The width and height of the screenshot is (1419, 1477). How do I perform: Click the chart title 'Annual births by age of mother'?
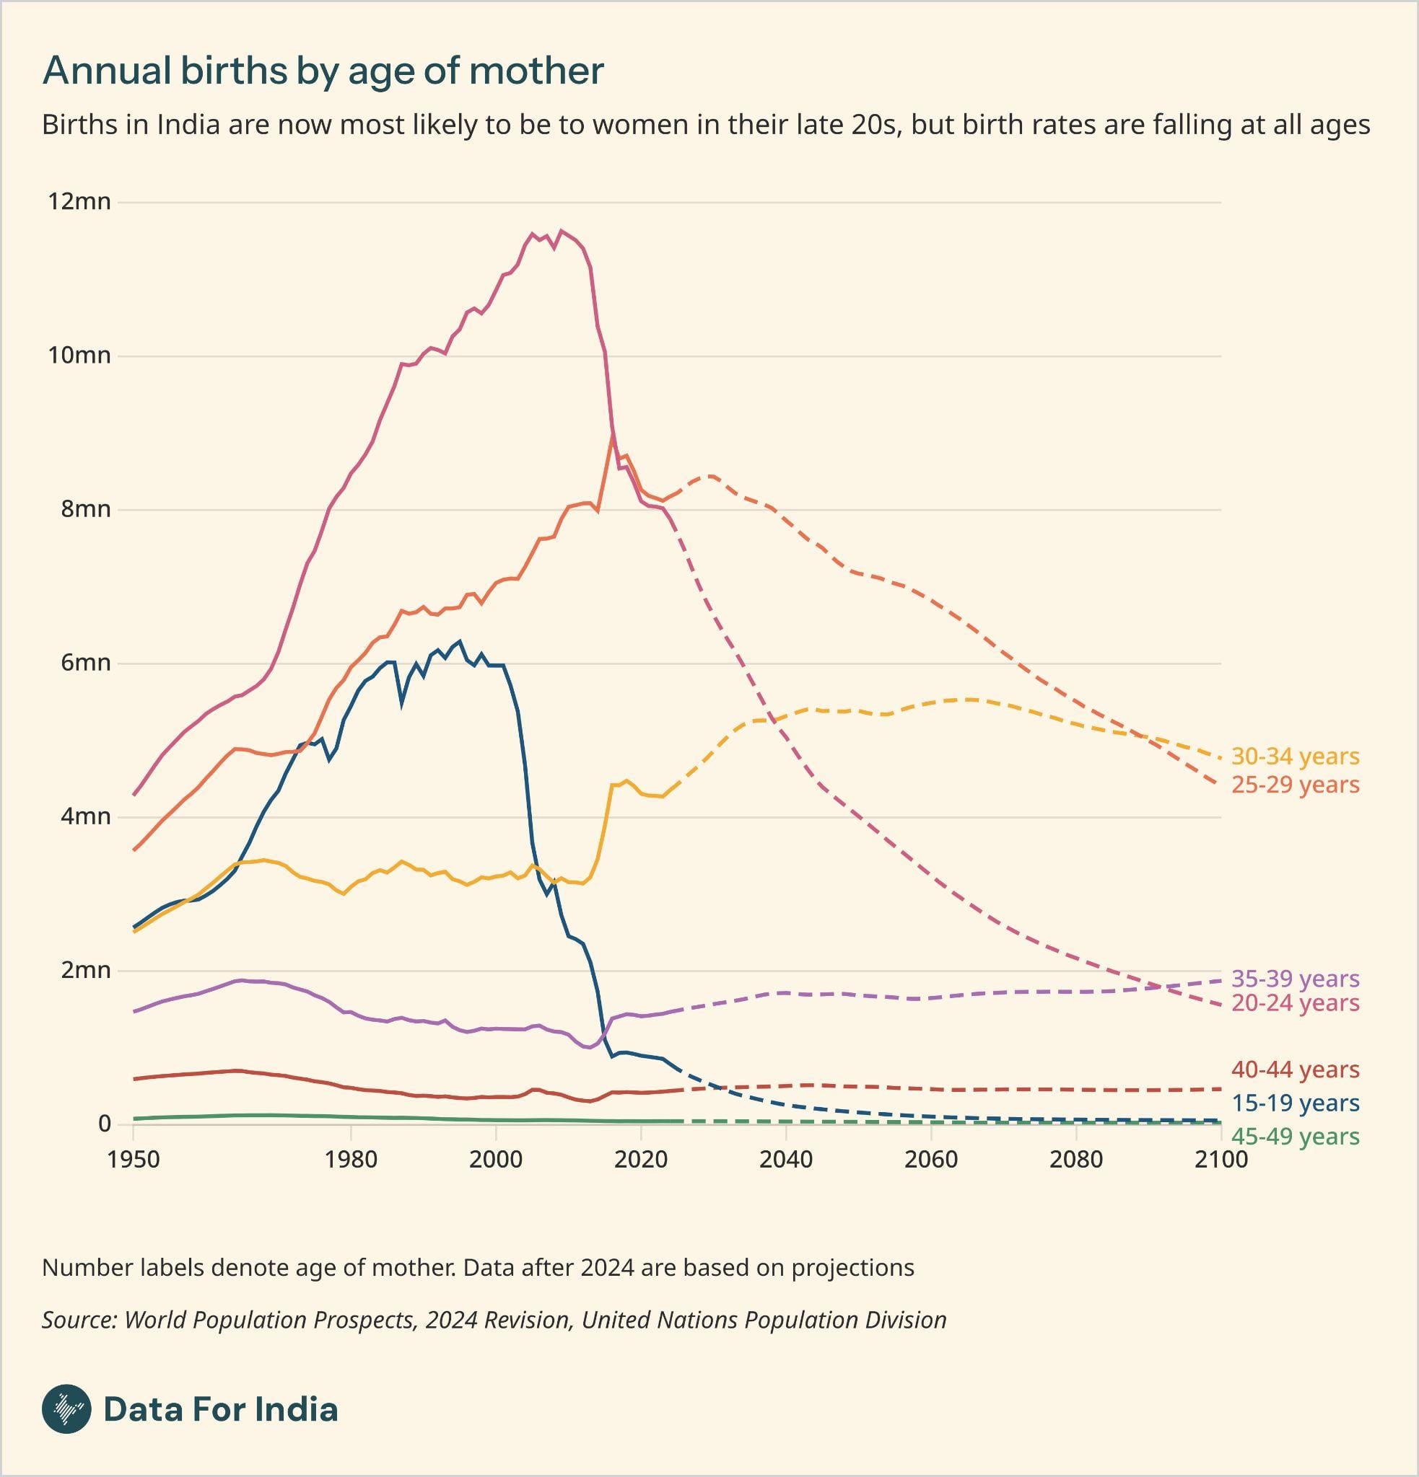pos(323,71)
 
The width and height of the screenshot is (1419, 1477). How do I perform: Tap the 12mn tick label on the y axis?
pos(79,202)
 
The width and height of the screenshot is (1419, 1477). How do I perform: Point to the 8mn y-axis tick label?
pos(85,509)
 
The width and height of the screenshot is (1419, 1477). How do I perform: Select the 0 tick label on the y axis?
pos(104,1124)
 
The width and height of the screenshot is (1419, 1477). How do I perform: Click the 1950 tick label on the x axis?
pos(134,1160)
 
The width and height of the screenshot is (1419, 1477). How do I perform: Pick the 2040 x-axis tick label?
pos(786,1160)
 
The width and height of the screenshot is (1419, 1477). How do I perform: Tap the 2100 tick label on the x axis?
pos(1221,1160)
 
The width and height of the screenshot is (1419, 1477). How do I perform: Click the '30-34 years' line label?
pos(1295,757)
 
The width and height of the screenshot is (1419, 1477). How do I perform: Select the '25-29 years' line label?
pos(1295,785)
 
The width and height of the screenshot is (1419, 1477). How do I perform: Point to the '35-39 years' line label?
pos(1295,979)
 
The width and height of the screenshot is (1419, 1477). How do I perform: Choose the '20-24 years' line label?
pos(1295,1004)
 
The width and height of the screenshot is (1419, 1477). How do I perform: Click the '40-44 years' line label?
pos(1295,1070)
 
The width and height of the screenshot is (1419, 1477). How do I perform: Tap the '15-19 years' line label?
pos(1295,1104)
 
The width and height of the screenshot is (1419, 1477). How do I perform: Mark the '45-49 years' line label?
pos(1295,1137)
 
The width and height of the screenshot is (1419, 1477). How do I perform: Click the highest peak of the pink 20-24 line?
pos(560,231)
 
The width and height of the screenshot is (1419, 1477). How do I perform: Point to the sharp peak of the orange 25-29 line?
pos(613,433)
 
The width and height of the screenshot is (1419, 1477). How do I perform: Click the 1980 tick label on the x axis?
pos(351,1160)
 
